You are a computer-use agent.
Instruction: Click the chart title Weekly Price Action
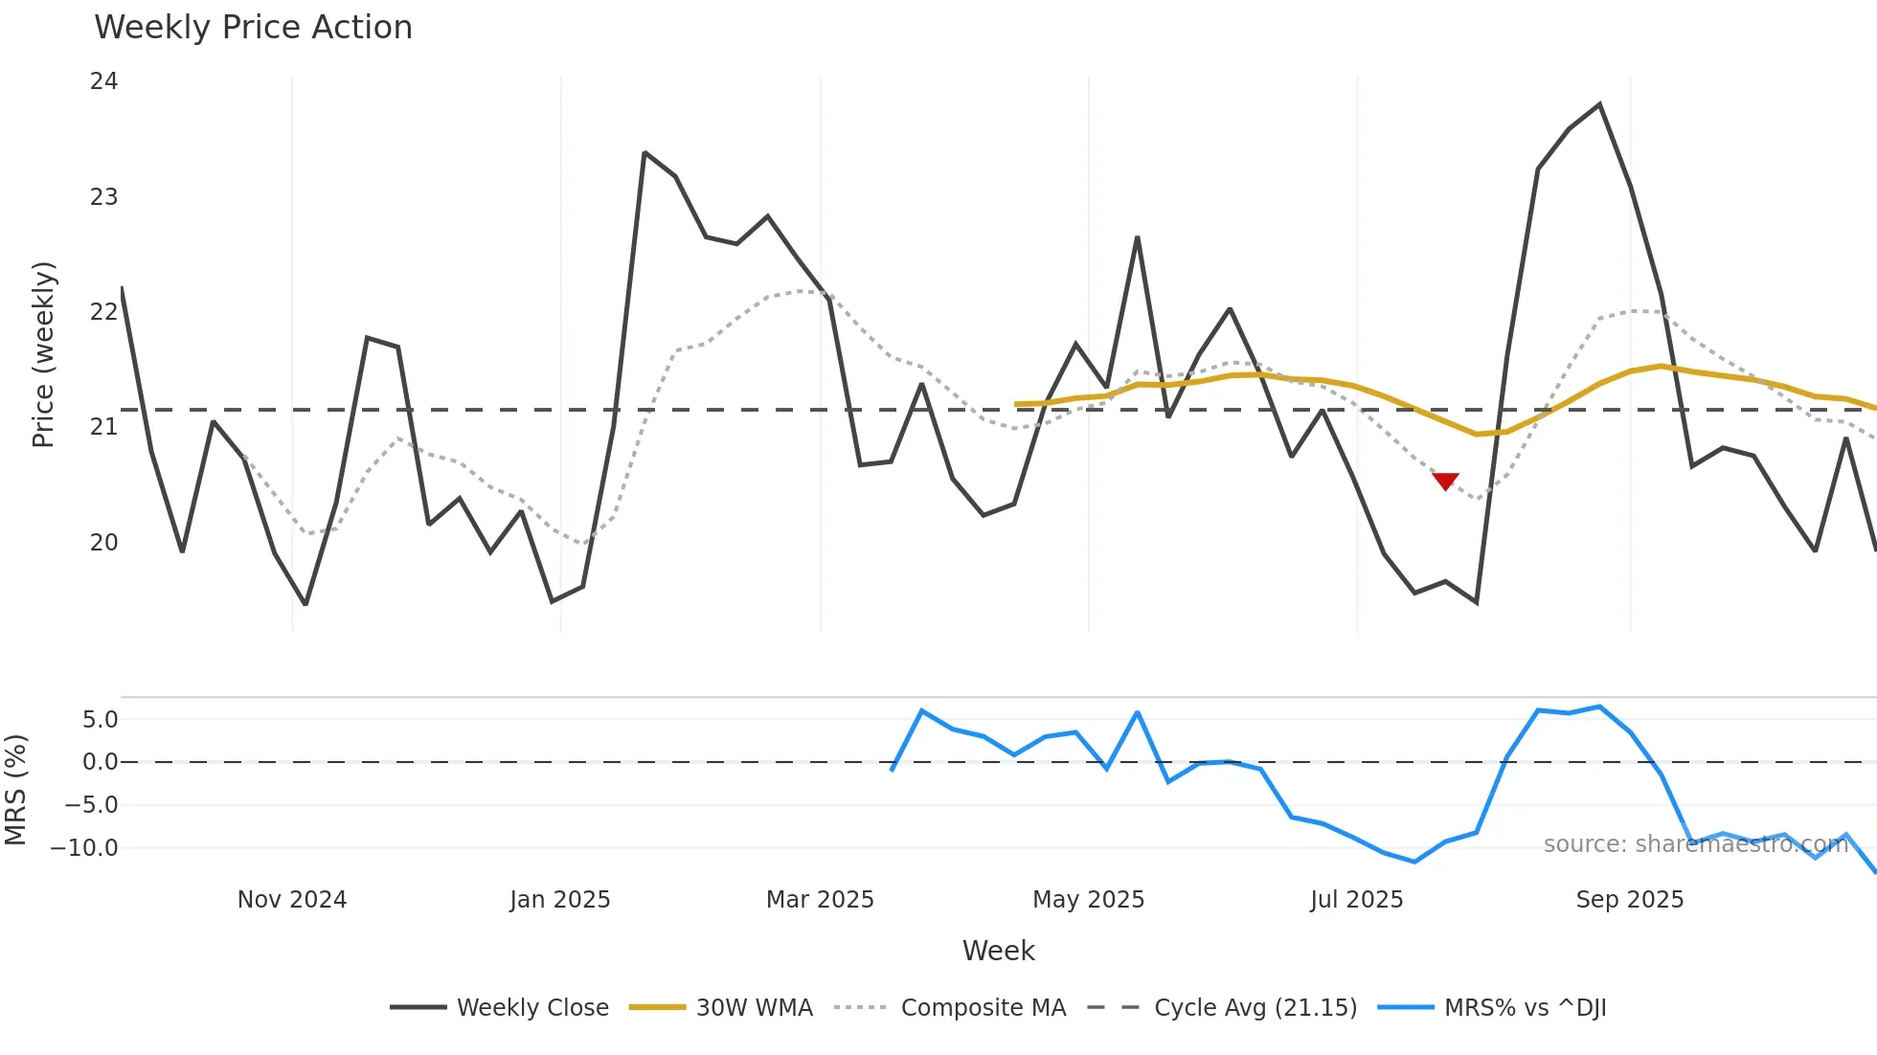(253, 27)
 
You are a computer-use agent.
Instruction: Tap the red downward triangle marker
(1445, 481)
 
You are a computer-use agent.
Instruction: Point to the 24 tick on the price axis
(103, 81)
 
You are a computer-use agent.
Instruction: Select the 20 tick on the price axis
(103, 542)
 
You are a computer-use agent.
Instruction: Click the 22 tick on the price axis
(103, 311)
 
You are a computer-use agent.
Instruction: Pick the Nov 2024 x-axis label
(291, 899)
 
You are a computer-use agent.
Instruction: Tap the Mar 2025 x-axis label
(820, 899)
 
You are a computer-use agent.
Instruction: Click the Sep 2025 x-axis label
(1629, 899)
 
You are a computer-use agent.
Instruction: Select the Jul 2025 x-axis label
(1356, 899)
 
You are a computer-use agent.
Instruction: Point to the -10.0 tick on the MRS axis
(84, 847)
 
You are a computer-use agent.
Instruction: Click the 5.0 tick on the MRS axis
(100, 719)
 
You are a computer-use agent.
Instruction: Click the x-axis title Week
(998, 951)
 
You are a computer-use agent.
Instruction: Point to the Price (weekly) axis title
(44, 354)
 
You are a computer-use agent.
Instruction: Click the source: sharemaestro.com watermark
(1695, 843)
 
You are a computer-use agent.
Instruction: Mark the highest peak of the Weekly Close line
(1599, 104)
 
